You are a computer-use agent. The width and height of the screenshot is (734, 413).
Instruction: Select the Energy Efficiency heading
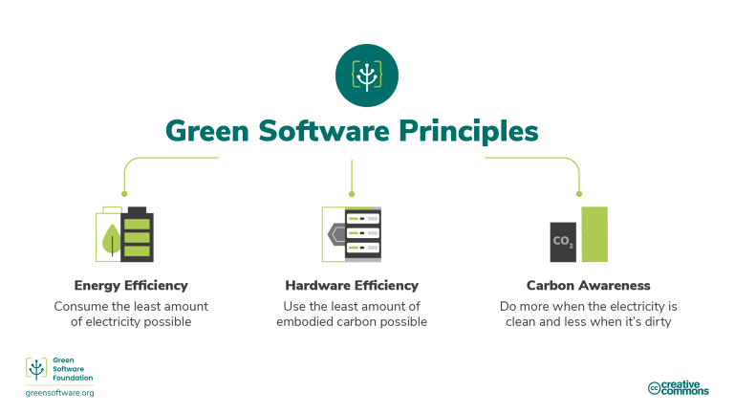coord(131,285)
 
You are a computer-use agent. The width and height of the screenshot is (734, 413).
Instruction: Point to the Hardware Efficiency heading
coord(352,285)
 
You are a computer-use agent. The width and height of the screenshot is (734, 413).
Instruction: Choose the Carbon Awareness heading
coord(588,285)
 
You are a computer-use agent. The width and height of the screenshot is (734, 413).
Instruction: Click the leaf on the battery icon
coord(112,239)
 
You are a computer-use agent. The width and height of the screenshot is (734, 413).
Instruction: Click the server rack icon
coord(355,234)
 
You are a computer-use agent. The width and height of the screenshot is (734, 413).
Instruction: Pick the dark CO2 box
coord(563,242)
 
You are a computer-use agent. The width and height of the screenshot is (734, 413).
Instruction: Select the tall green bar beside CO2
coord(594,234)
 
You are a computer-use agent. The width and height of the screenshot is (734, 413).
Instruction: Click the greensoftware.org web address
coord(59,393)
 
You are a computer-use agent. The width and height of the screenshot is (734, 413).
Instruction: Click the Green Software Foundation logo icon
coord(35,370)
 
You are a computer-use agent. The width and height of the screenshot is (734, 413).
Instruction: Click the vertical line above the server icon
coord(352,176)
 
